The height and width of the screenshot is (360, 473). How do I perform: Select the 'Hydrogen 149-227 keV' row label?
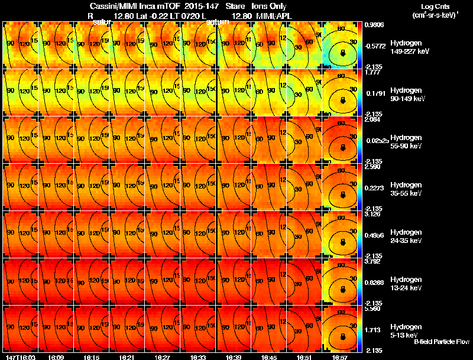tap(410, 47)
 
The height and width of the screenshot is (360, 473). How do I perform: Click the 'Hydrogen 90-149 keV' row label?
tap(410, 94)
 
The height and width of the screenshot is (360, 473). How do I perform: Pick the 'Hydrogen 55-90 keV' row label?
tap(410, 141)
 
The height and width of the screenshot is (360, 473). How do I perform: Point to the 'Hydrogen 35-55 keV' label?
tap(410, 189)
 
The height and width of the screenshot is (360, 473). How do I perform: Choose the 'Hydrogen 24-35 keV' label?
tap(410, 236)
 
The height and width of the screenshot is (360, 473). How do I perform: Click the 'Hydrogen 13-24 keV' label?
tap(410, 283)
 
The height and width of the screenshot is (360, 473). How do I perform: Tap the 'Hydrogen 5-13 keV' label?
tap(410, 330)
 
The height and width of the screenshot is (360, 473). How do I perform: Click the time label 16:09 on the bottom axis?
tap(56, 357)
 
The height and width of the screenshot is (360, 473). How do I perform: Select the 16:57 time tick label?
tap(341, 357)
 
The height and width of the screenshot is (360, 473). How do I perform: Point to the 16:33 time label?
tap(199, 357)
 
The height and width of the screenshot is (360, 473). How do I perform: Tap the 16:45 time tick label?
tap(270, 357)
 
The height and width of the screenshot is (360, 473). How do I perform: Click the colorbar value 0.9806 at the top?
tap(375, 25)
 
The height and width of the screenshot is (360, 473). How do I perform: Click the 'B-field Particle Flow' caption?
tap(442, 341)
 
